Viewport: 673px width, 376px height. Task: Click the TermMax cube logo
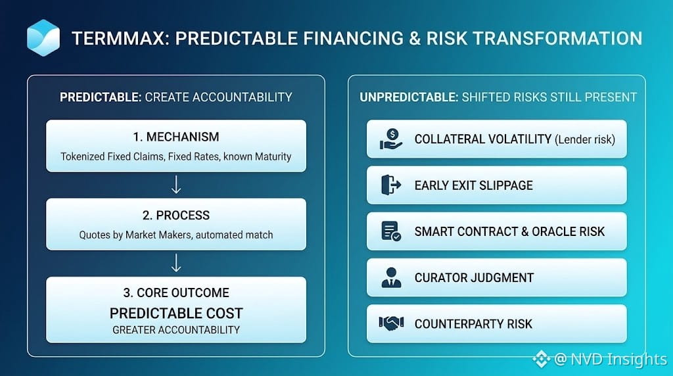coord(43,37)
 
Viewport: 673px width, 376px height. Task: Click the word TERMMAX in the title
coord(118,38)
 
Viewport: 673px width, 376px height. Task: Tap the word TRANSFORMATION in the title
coord(557,38)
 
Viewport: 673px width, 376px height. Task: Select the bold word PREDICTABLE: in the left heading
coord(101,97)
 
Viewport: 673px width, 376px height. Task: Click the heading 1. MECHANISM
coord(176,137)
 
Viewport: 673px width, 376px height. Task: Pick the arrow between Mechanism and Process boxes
coord(176,185)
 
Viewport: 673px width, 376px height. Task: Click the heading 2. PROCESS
coord(176,215)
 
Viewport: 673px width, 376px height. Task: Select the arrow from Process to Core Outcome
coord(176,263)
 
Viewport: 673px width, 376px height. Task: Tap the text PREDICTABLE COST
coord(176,314)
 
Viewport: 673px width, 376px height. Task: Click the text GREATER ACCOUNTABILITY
coord(176,330)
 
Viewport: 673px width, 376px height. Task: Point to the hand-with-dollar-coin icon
coord(390,139)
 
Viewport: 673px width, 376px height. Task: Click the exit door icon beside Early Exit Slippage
coord(390,185)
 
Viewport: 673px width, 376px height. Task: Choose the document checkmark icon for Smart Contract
coord(390,231)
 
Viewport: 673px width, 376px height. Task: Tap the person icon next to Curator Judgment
coord(391,277)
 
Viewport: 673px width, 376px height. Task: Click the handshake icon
coord(391,323)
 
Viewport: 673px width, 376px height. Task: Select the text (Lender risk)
coord(585,139)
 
